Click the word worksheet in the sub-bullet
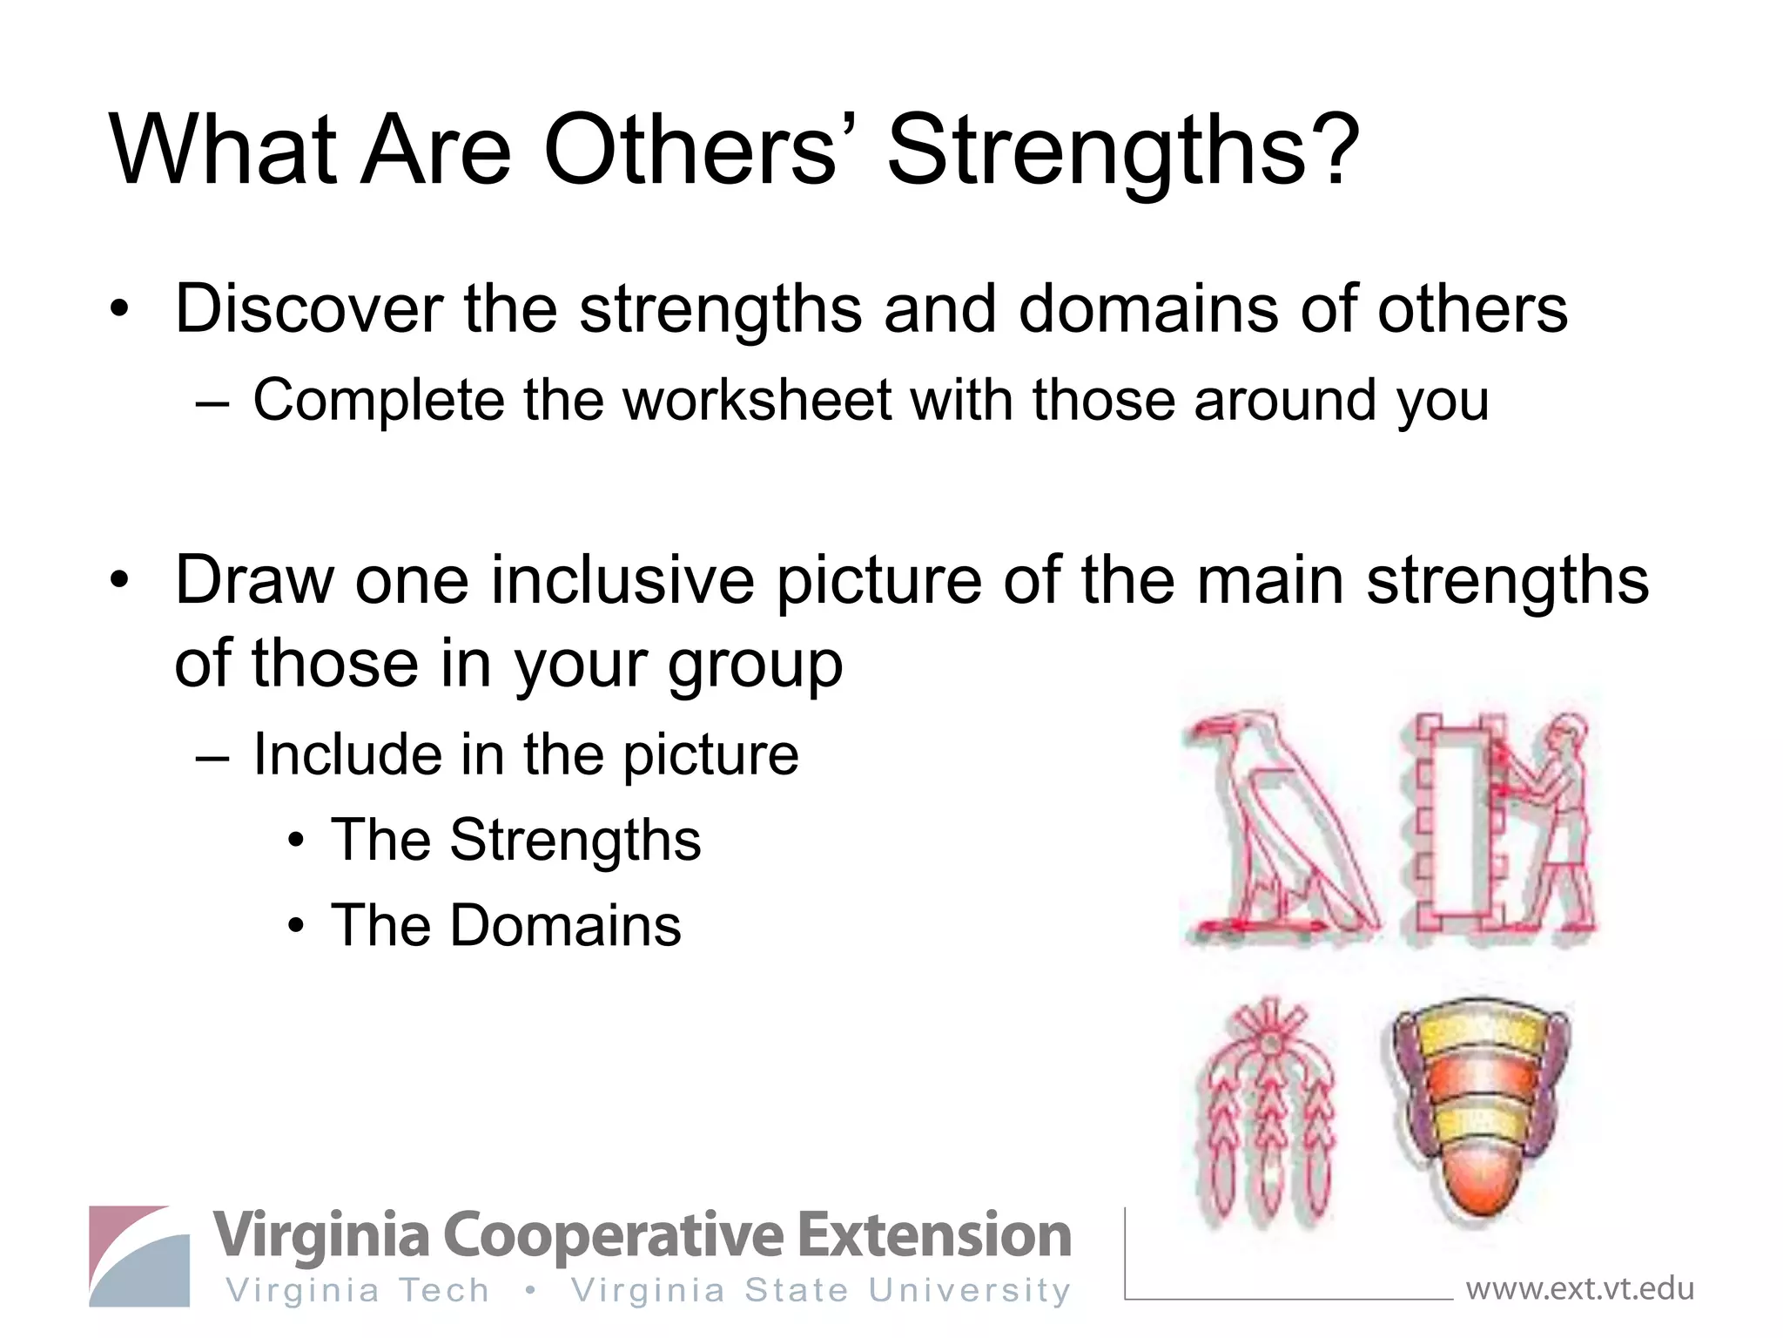pos(757,402)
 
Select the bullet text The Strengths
pos(515,841)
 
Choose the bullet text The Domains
pos(506,926)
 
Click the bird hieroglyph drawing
pos(1280,828)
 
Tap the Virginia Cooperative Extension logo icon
pos(139,1256)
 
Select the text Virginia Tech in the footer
pos(358,1291)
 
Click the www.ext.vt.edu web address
pos(1579,1288)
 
